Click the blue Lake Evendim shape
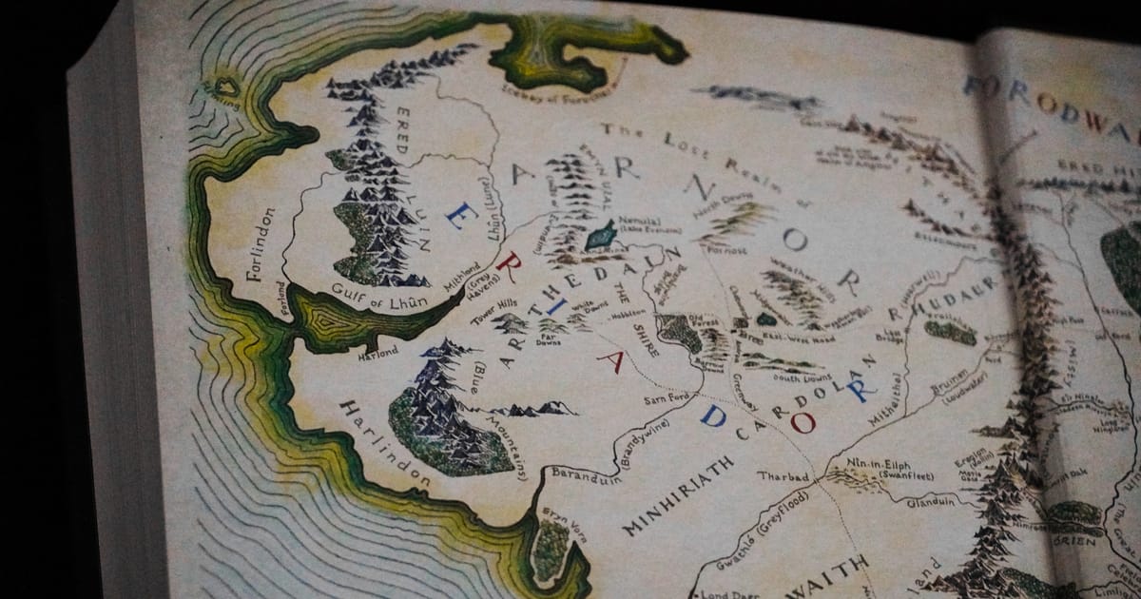601,235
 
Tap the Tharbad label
783,475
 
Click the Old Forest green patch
681,332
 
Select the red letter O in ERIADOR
803,421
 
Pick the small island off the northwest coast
225,88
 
